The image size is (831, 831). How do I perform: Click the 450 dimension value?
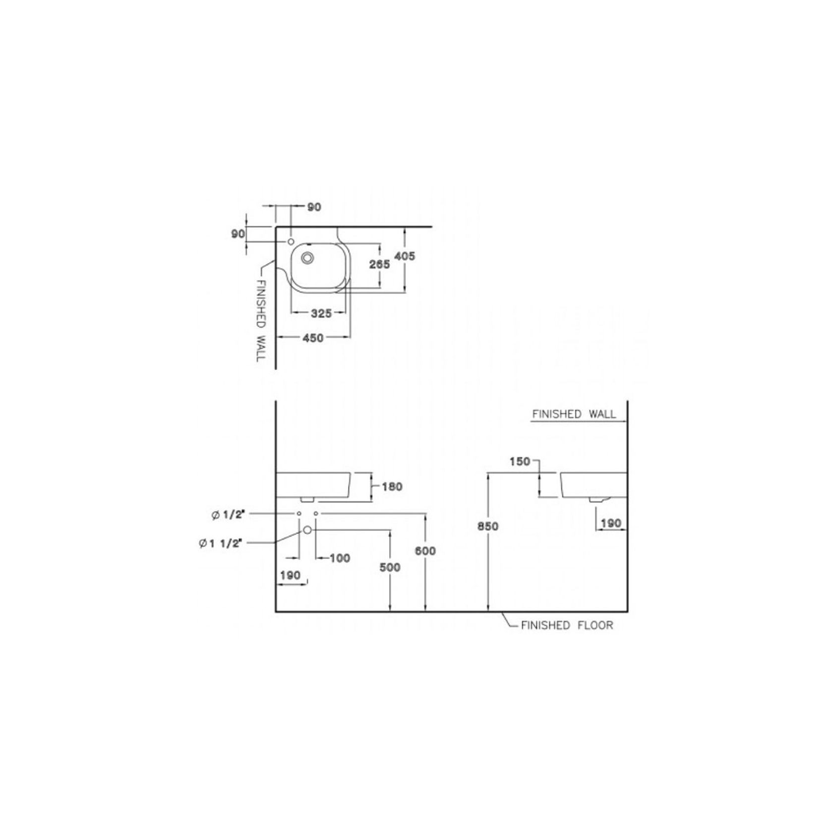313,338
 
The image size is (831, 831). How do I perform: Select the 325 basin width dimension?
321,313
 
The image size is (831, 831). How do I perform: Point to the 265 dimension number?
379,264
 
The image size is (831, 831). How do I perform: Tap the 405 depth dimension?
405,256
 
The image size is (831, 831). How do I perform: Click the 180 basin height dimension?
392,486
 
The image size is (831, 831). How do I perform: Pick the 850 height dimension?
488,527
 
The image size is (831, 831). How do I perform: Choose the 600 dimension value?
425,551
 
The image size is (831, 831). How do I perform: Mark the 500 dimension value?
390,567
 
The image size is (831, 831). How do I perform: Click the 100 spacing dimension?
340,558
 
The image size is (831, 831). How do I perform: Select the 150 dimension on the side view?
520,462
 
